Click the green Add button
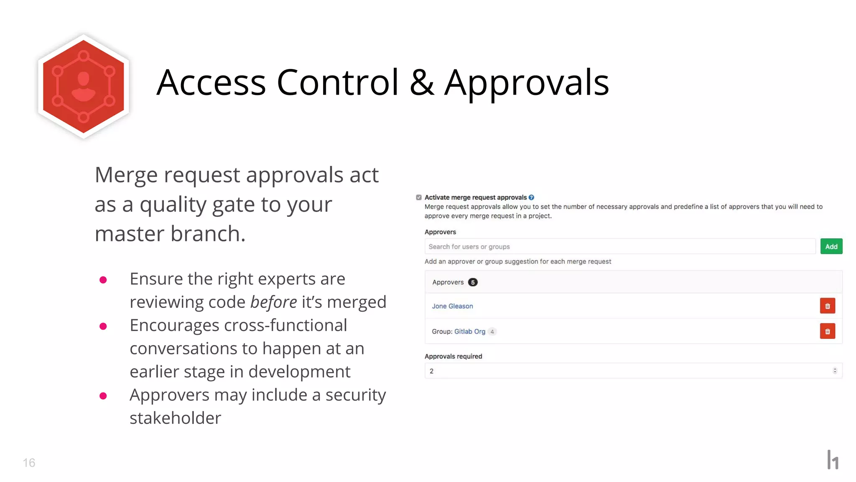coord(831,246)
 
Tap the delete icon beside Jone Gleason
coord(827,306)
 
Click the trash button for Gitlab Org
coord(827,331)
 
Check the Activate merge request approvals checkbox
coord(419,197)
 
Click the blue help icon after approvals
coord(531,197)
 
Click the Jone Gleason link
coord(452,306)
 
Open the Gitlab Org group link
coord(470,331)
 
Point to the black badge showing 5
coord(473,282)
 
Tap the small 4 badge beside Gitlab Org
coord(492,332)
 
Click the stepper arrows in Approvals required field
coord(835,371)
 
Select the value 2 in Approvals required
coord(432,371)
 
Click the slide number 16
coord(29,462)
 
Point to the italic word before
coord(273,302)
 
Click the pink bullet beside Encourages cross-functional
coord(103,326)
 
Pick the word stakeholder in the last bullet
coord(175,418)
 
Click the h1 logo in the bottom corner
coord(833,460)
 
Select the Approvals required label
coord(453,356)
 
